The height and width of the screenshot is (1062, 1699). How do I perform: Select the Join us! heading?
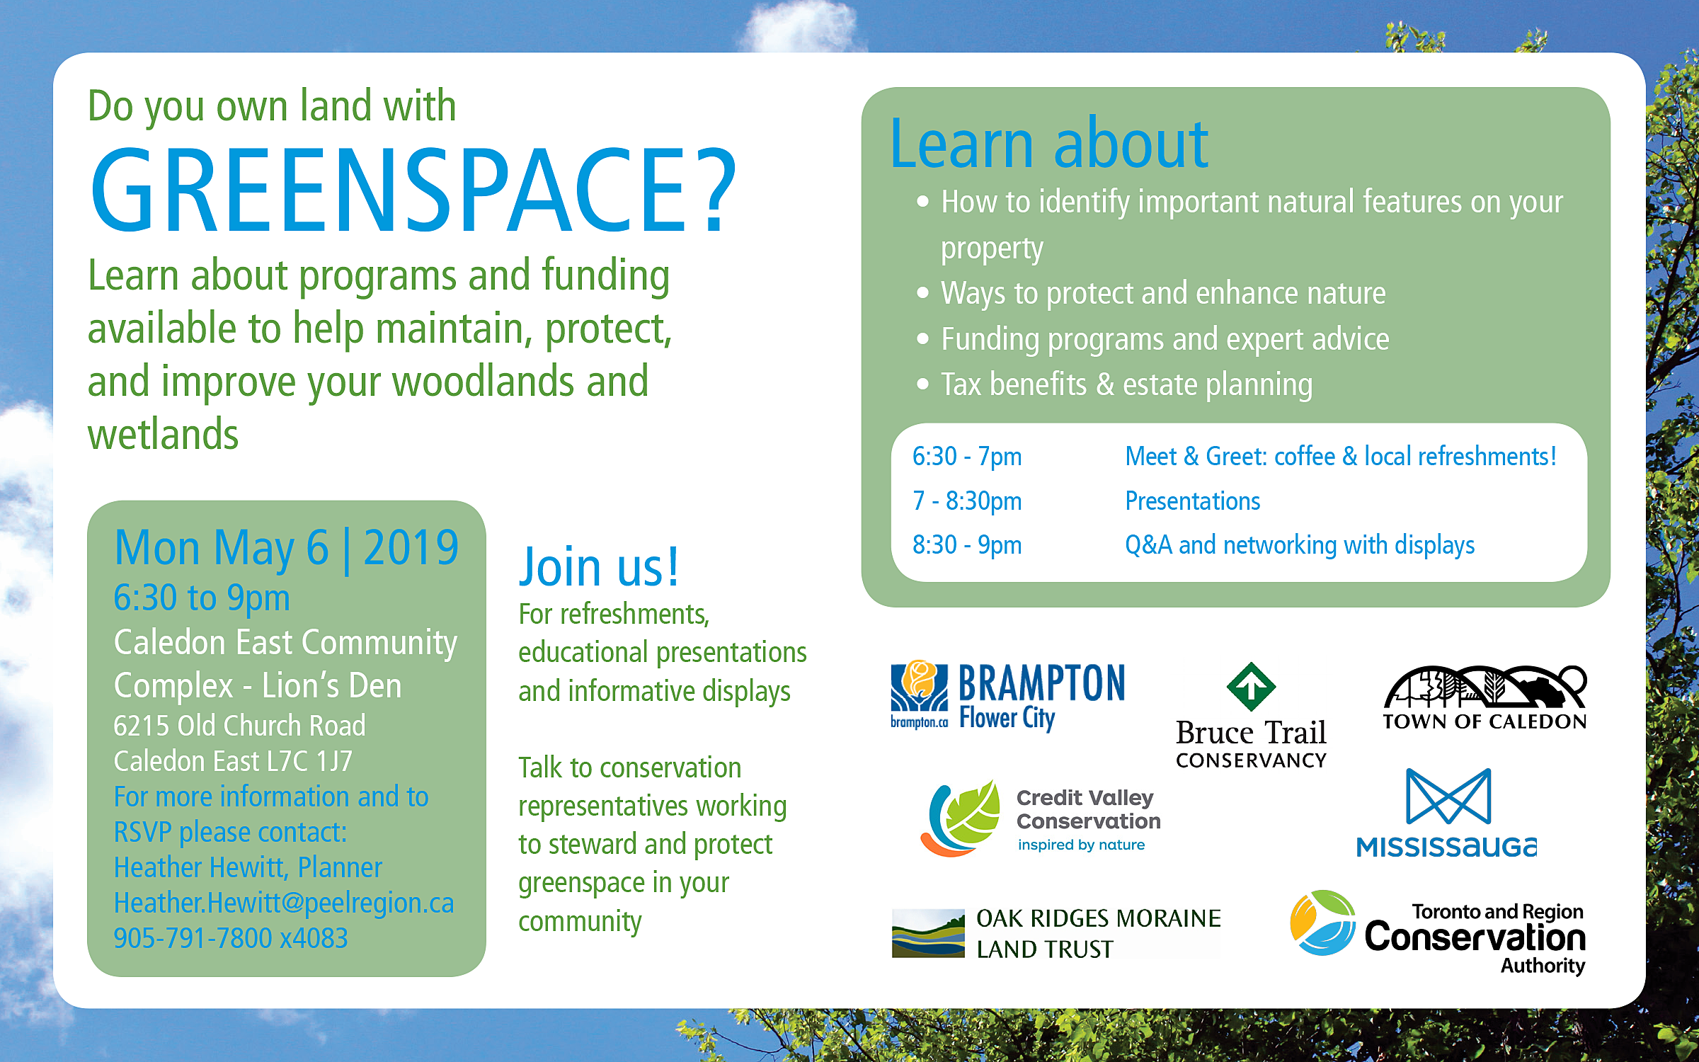(599, 567)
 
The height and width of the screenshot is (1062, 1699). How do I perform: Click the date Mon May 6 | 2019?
(287, 548)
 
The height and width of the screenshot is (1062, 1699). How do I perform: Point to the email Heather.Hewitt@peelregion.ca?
(284, 903)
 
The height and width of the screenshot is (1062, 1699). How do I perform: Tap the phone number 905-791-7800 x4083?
(231, 938)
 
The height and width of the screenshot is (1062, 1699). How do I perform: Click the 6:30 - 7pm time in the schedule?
(967, 457)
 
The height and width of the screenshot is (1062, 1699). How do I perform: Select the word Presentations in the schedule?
(1193, 501)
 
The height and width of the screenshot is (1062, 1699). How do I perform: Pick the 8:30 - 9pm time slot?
(967, 545)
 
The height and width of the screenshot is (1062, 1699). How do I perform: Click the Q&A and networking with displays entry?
(1300, 545)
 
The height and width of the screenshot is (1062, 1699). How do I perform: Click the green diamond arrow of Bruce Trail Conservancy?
(1251, 687)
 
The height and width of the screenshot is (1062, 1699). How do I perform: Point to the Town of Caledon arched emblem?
(1485, 687)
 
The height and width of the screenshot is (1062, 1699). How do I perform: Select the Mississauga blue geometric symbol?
(1448, 796)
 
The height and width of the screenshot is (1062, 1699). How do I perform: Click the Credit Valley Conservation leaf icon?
(961, 818)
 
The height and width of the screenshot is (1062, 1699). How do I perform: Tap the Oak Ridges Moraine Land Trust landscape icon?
(928, 933)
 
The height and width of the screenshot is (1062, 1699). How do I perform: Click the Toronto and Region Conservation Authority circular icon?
(1322, 923)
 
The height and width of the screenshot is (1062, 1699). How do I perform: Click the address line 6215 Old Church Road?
(240, 726)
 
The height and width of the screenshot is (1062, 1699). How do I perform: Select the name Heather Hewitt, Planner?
(248, 868)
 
